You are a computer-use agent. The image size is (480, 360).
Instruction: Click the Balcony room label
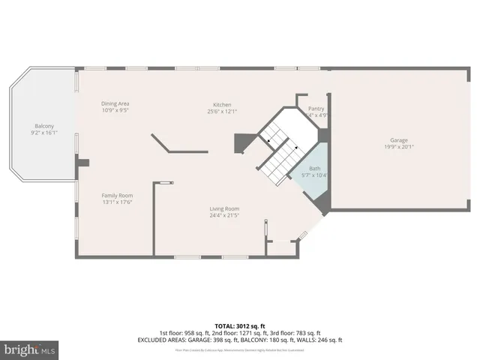[44, 125]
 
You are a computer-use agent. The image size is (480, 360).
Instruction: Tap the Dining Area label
[115, 103]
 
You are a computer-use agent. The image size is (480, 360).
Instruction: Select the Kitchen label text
[222, 104]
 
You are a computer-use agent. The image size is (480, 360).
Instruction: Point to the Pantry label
[316, 109]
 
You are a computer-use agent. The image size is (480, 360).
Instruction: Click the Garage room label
[398, 140]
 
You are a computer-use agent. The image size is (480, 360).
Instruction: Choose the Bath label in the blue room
[315, 168]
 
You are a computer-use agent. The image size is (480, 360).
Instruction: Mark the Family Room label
[117, 195]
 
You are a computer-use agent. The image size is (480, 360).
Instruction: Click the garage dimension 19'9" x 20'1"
[398, 147]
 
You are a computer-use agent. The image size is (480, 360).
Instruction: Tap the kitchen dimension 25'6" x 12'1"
[222, 111]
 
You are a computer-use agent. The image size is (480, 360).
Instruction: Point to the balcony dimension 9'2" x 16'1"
[44, 133]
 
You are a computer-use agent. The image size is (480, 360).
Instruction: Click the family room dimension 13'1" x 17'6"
[117, 202]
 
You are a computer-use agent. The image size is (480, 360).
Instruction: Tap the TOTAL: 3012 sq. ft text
[239, 325]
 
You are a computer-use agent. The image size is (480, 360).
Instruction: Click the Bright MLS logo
[30, 349]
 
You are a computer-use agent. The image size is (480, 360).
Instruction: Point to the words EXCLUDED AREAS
[163, 340]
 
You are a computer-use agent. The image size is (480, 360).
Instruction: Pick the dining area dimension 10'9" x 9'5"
[115, 110]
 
